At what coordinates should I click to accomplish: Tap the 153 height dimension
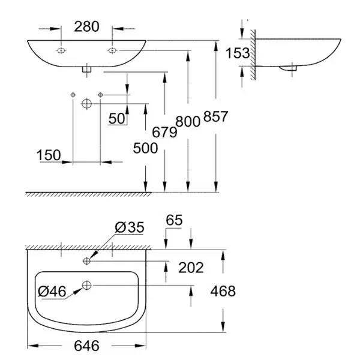click(238, 53)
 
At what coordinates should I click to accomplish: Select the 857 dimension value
click(215, 117)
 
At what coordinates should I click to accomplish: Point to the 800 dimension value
click(188, 121)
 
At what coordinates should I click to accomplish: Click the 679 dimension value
click(164, 133)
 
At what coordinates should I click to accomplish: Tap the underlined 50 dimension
click(117, 118)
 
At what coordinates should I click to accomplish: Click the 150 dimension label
click(48, 155)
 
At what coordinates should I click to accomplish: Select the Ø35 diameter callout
click(127, 228)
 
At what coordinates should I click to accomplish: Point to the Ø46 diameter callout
click(52, 292)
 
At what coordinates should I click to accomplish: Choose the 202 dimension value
click(191, 268)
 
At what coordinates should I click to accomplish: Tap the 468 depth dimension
click(223, 291)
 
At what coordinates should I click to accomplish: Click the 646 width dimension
click(87, 346)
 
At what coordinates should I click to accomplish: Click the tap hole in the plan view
click(87, 260)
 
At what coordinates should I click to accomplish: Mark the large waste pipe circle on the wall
click(86, 104)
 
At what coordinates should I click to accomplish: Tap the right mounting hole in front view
click(112, 50)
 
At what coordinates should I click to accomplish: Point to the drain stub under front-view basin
click(86, 69)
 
